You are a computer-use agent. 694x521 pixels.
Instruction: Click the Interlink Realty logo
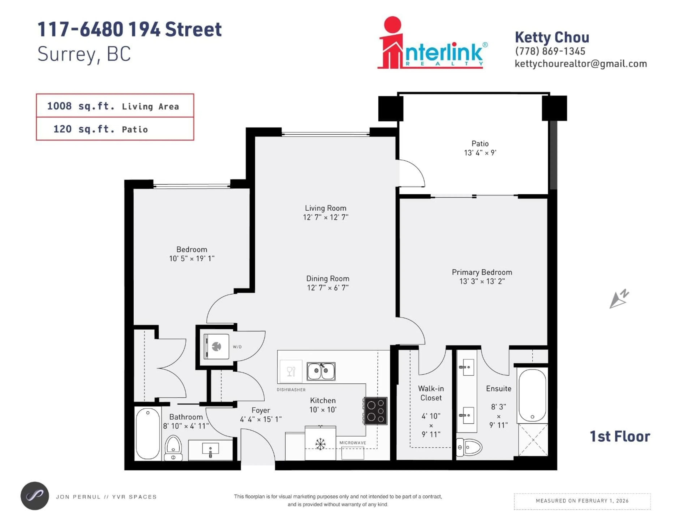(432, 44)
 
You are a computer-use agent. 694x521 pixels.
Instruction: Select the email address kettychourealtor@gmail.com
(581, 64)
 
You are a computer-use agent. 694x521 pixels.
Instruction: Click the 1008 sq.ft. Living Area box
(115, 106)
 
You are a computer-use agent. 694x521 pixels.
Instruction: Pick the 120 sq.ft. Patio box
(115, 129)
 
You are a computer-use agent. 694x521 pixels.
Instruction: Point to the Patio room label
(480, 143)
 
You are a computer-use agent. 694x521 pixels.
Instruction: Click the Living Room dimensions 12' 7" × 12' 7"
(326, 217)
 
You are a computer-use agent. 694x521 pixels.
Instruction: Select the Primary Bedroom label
(482, 272)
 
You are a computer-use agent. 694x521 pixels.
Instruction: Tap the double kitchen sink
(321, 371)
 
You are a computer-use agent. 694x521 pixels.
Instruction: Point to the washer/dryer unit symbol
(217, 346)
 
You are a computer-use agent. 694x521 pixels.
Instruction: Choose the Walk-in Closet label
(431, 393)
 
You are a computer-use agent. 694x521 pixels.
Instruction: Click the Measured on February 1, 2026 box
(582, 501)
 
